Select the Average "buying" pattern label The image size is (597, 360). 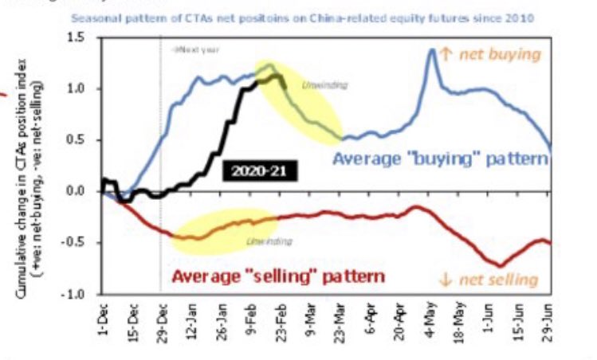pos(441,158)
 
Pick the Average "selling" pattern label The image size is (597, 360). pos(279,276)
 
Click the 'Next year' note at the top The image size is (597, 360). pos(195,49)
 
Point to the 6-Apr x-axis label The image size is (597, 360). pos(371,323)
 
